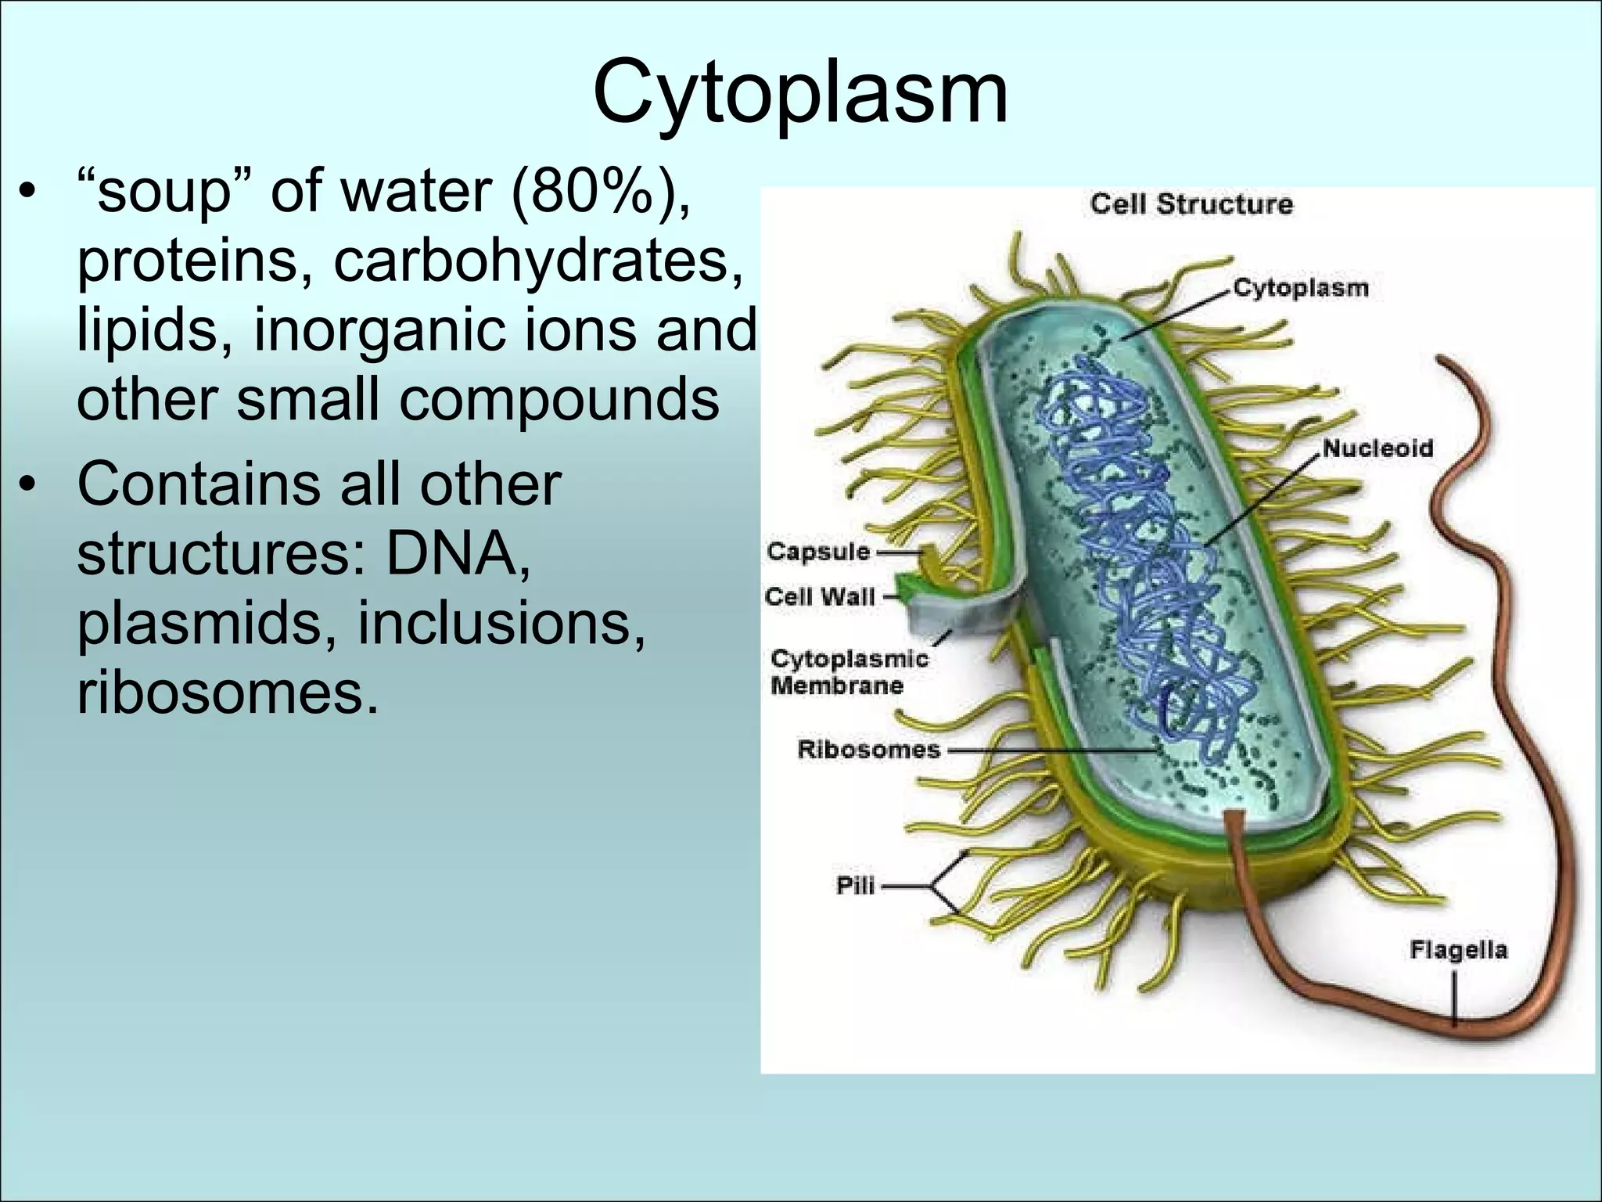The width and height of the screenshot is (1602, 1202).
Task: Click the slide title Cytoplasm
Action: click(x=800, y=92)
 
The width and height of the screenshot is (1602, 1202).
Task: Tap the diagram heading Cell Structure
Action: click(x=1191, y=204)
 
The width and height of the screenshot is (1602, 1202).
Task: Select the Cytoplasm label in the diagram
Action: click(x=1301, y=288)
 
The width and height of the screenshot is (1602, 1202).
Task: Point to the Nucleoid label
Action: click(x=1378, y=448)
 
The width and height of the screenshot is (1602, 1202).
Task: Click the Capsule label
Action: click(x=817, y=552)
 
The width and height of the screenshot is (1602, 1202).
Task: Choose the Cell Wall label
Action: click(x=819, y=597)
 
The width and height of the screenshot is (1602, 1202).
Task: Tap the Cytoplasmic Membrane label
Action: click(x=848, y=672)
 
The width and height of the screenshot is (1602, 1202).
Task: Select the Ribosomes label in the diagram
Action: click(x=868, y=750)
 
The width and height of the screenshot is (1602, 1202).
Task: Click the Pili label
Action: click(x=855, y=887)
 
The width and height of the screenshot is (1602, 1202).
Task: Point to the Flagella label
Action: click(x=1458, y=950)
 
